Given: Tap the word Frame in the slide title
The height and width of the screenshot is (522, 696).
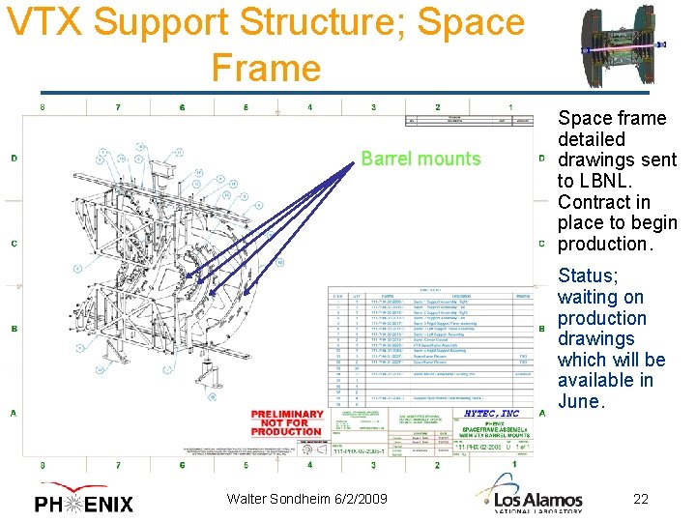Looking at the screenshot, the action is [x=265, y=68].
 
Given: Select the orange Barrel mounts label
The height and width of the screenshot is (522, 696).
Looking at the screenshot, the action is [x=420, y=159].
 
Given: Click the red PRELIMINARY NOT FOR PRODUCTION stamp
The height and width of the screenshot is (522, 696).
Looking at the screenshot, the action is [x=286, y=422].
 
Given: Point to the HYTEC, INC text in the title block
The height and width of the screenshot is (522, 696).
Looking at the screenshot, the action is [x=491, y=414].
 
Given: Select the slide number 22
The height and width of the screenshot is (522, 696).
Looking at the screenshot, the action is [x=640, y=499].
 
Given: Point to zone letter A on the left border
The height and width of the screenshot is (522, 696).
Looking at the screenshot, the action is [x=14, y=413].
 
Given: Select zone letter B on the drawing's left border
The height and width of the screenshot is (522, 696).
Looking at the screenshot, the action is [x=14, y=329].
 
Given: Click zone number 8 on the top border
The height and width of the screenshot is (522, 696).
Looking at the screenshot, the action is [x=42, y=107].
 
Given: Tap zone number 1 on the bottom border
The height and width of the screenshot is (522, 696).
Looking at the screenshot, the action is [x=514, y=464].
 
